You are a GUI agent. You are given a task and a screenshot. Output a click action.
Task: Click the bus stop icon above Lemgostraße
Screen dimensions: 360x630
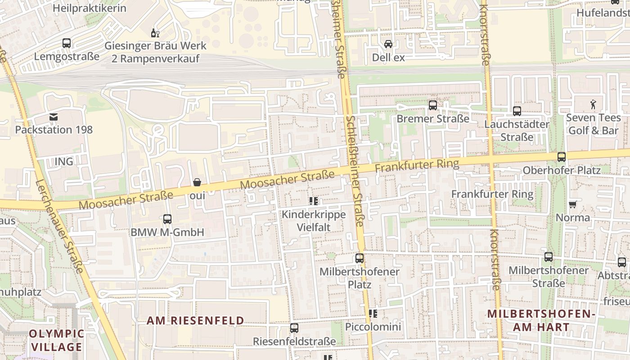tap(67, 43)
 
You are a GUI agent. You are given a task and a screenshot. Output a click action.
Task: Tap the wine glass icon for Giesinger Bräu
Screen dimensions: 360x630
tap(155, 33)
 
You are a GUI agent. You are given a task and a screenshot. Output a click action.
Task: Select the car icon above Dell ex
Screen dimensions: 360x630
tap(388, 44)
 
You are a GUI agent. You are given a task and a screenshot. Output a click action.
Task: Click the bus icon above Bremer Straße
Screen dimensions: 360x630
tap(433, 105)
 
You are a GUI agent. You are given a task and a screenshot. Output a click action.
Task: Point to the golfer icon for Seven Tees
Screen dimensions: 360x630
tap(593, 104)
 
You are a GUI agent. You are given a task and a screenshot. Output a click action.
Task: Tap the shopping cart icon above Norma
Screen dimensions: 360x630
tap(572, 205)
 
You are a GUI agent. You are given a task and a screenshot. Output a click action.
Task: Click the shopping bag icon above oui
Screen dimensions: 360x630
tap(197, 182)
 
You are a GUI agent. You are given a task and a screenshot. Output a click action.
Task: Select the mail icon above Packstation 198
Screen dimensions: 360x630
tap(54, 117)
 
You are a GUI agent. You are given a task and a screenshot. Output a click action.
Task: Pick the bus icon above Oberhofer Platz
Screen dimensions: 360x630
tap(562, 157)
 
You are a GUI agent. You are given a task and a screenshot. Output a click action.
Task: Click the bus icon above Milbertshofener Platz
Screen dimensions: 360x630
tap(359, 258)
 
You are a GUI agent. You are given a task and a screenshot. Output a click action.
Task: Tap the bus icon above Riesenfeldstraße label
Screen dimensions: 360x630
tap(294, 328)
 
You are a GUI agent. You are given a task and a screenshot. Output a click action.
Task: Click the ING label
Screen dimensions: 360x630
tap(63, 161)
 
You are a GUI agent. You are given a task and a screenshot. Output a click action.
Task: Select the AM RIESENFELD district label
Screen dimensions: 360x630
tap(196, 320)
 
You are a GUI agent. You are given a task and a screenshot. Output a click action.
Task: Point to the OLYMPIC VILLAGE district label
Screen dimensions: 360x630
tap(56, 340)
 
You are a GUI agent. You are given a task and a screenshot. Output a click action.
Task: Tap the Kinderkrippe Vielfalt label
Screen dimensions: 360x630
tap(314, 220)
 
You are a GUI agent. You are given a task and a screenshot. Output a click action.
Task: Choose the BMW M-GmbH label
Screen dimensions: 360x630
tap(167, 232)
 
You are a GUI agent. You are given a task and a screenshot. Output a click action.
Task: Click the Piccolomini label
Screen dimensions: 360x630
tap(373, 326)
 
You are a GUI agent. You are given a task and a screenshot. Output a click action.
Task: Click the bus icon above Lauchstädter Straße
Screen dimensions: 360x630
tap(517, 111)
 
